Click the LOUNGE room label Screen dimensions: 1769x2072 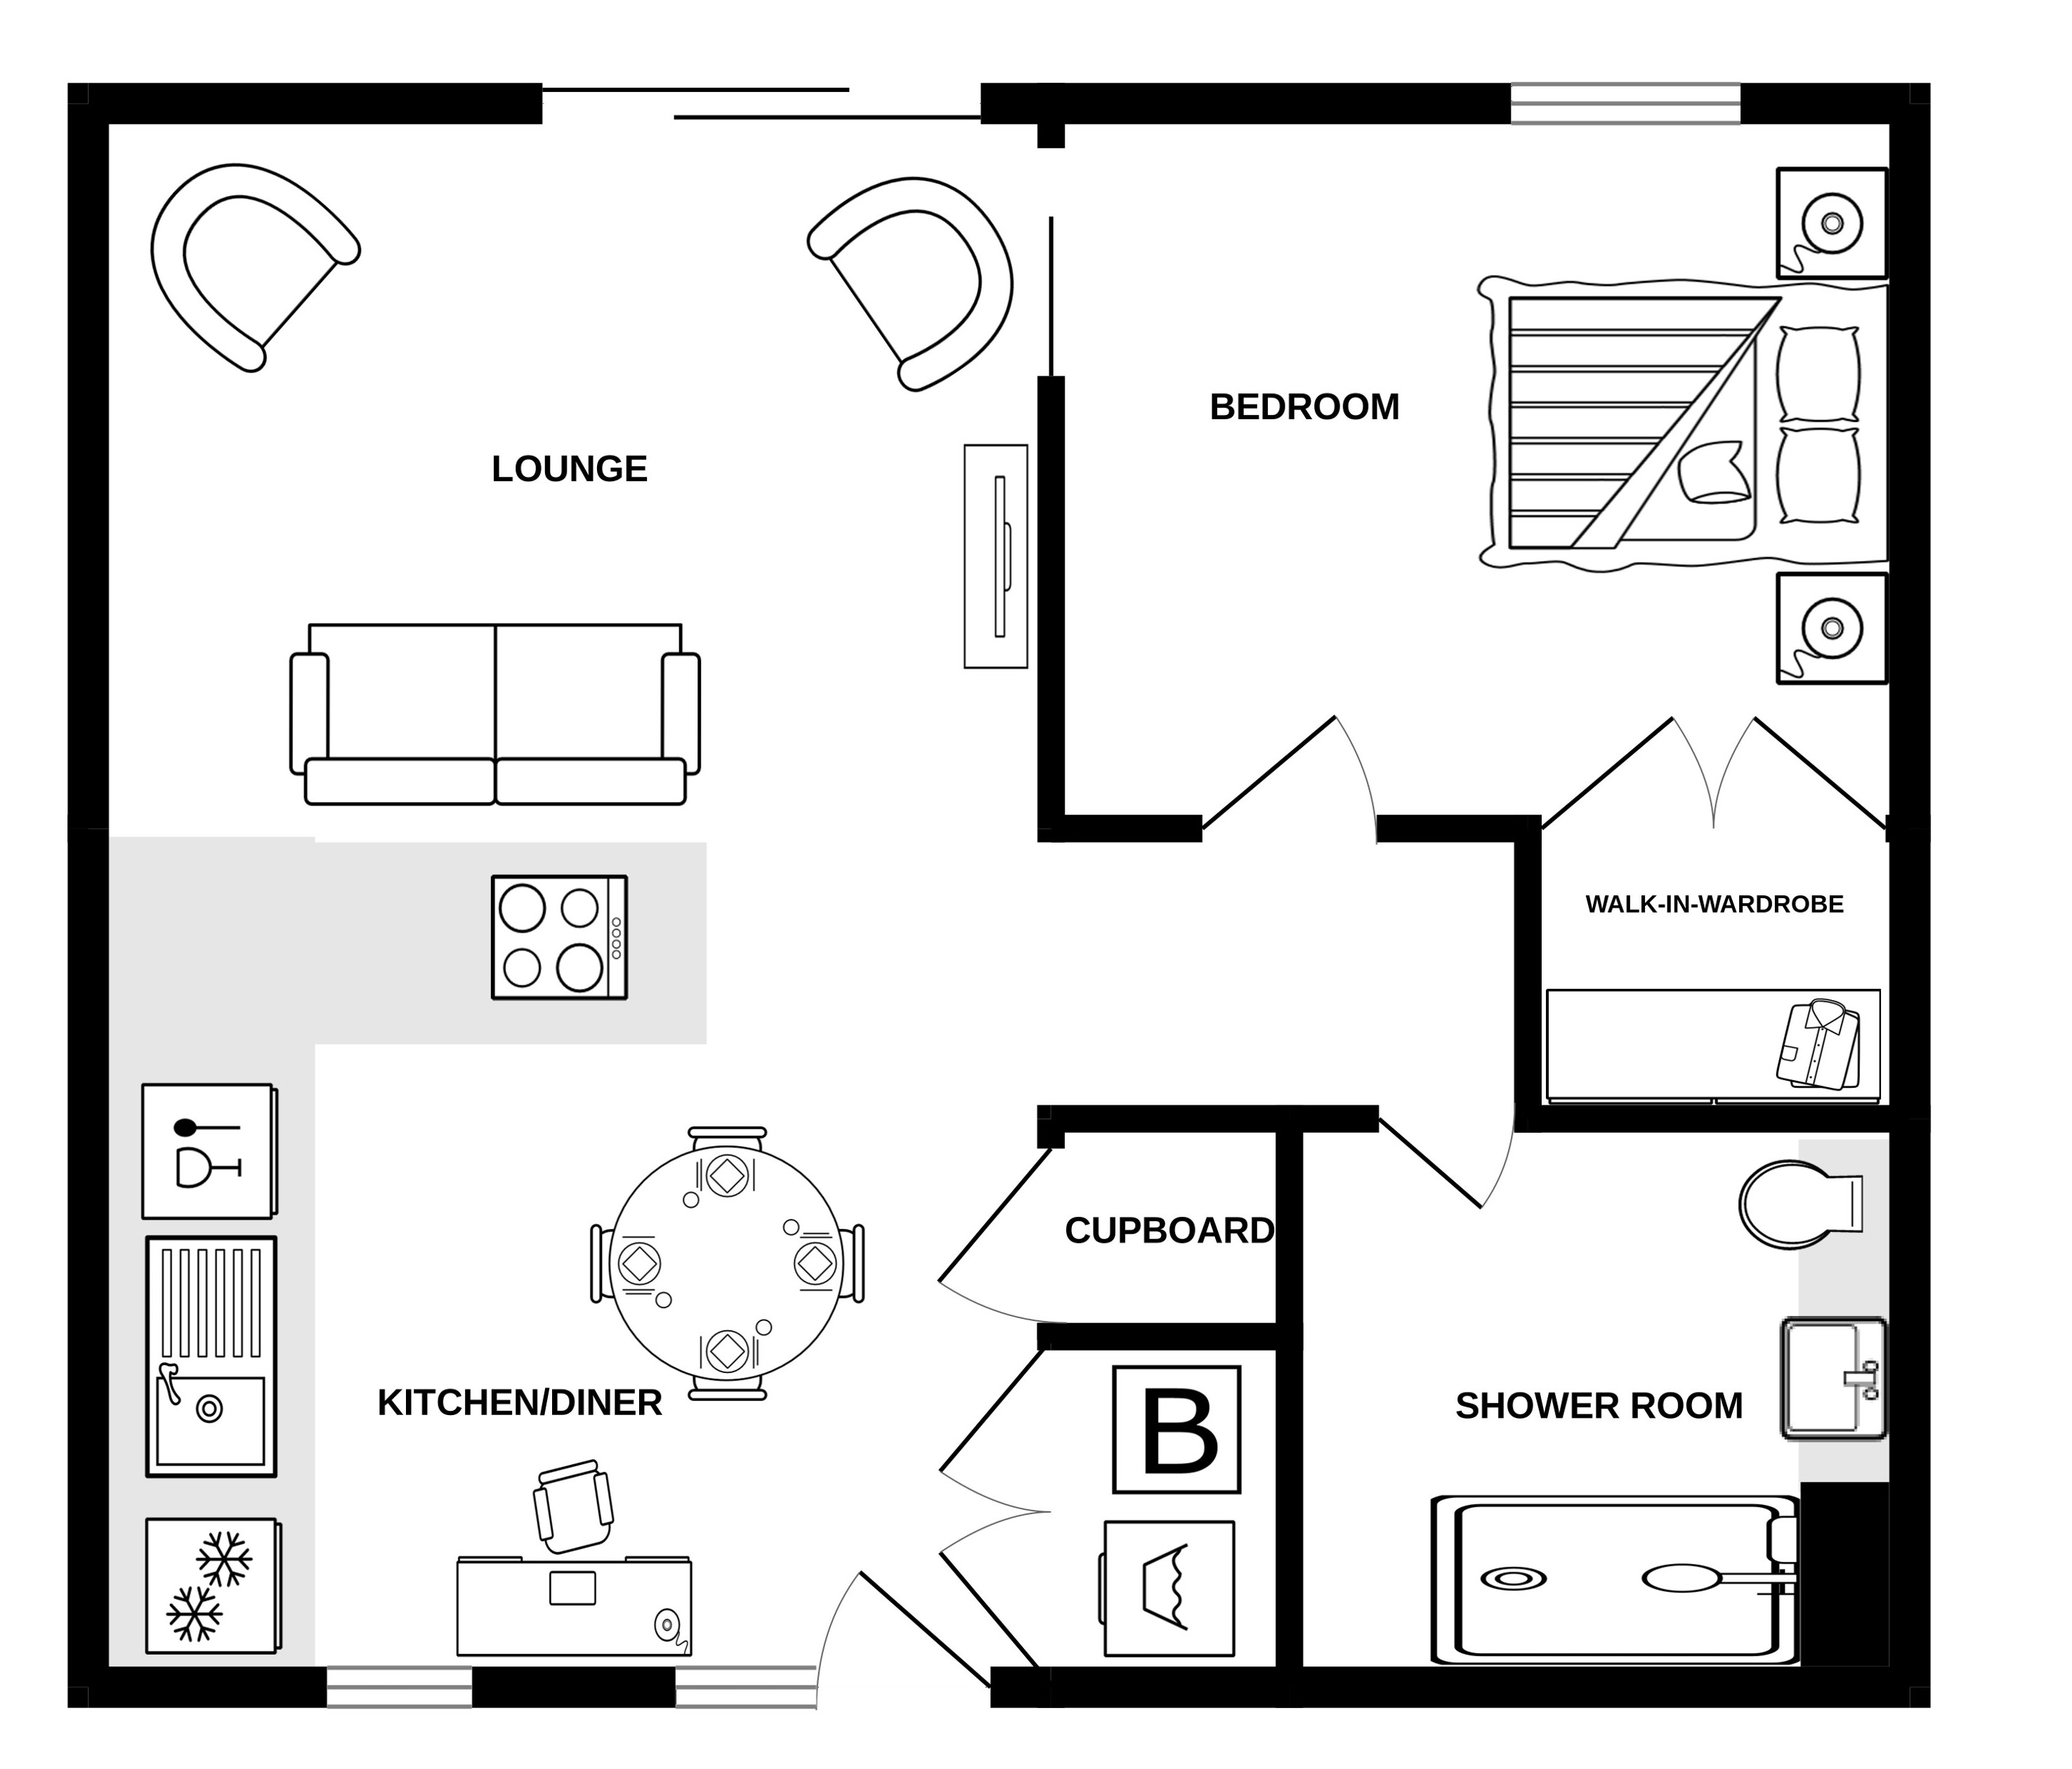[x=569, y=469]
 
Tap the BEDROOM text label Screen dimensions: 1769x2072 [x=1304, y=407]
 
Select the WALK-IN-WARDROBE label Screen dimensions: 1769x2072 [x=1714, y=904]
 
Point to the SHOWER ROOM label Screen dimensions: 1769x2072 [x=1598, y=1406]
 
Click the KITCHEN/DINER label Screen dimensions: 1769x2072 [x=519, y=1403]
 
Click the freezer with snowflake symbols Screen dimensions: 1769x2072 [x=212, y=1586]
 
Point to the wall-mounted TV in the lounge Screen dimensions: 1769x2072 [x=996, y=556]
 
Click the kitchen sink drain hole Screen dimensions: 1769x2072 [x=209, y=1409]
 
